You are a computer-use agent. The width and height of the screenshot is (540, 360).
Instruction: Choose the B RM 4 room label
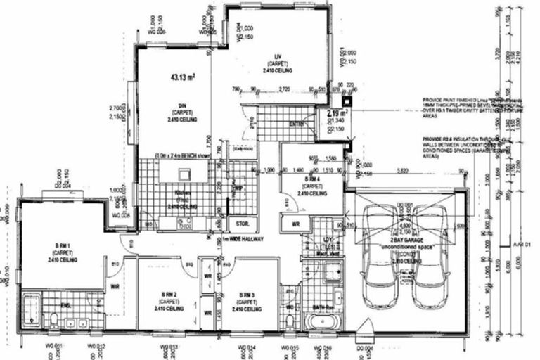tap(310, 180)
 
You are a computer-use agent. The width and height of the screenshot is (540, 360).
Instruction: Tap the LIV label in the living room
tap(278, 58)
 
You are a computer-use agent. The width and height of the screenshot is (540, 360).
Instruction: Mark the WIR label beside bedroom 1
tap(115, 287)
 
